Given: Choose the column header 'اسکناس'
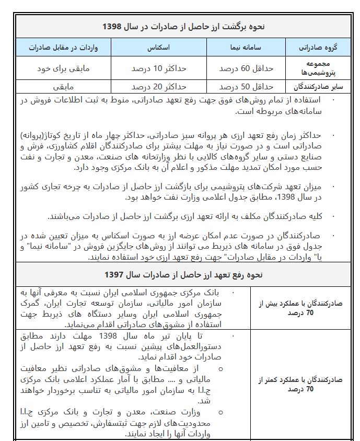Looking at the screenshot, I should (x=160, y=48).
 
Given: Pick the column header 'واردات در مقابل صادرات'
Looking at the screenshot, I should (x=65, y=48).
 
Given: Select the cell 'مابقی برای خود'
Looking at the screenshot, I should (x=65, y=68).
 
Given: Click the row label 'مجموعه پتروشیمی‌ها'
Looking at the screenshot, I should (x=318, y=68).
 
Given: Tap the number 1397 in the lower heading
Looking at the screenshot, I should (x=114, y=274).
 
